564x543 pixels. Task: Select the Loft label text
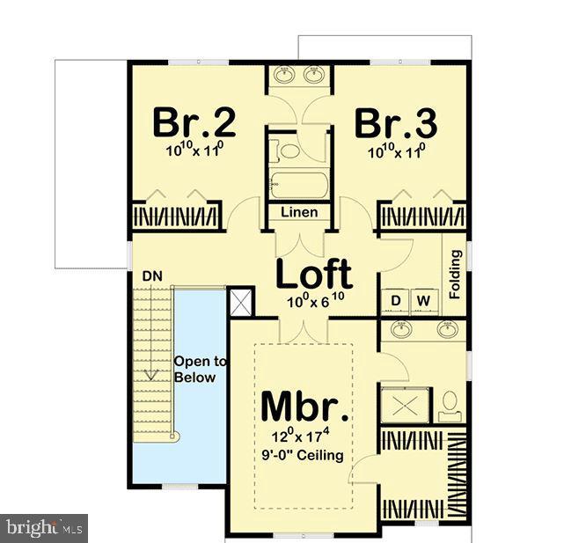314,274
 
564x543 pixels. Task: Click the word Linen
299,213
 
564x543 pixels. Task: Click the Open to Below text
201,370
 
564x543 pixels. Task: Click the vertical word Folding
455,275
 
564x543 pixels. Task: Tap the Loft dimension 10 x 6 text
314,301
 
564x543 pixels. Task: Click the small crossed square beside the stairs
240,303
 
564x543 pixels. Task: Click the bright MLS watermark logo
44,528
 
